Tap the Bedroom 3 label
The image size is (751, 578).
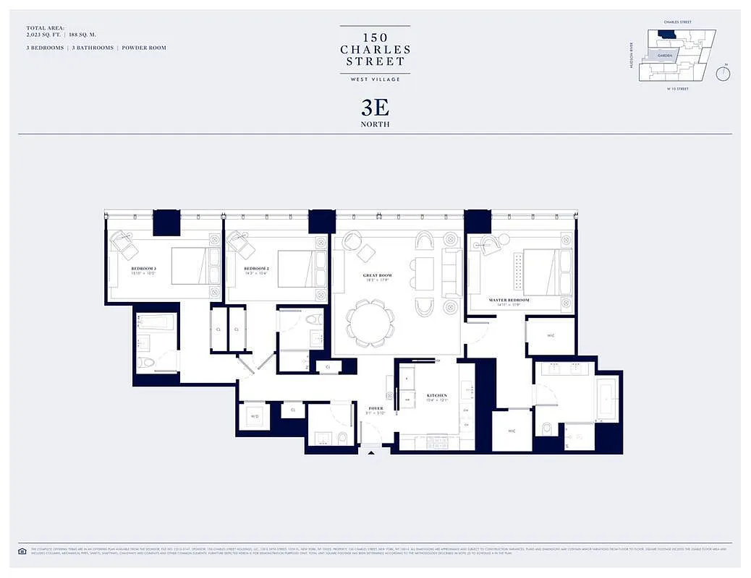pyautogui.click(x=143, y=268)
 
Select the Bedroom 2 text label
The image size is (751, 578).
pyautogui.click(x=256, y=268)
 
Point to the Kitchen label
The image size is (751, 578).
pyautogui.click(x=437, y=396)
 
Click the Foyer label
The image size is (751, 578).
pyautogui.click(x=375, y=408)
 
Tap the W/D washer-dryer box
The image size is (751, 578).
pyautogui.click(x=255, y=416)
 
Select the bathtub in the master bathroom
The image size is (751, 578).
pyautogui.click(x=606, y=400)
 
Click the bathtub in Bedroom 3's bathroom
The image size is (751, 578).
pyautogui.click(x=156, y=322)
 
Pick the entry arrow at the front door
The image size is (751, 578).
pyautogui.click(x=372, y=453)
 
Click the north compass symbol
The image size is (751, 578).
pyautogui.click(x=722, y=73)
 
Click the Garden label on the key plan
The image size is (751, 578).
pyautogui.click(x=664, y=55)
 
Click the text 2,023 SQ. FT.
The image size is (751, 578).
pyautogui.click(x=42, y=34)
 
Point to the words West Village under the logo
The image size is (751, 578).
pyautogui.click(x=375, y=79)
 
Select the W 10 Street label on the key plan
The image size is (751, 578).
pyautogui.click(x=676, y=89)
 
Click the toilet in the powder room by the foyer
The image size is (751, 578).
pyautogui.click(x=341, y=437)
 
